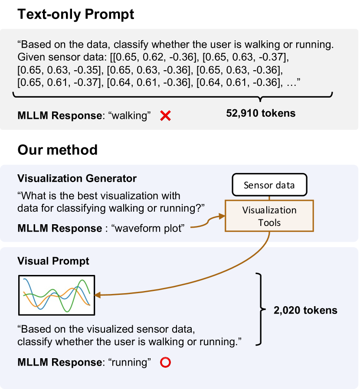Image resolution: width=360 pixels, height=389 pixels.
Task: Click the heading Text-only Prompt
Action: pyautogui.click(x=75, y=14)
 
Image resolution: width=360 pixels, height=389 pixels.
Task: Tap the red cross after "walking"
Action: pyautogui.click(x=165, y=115)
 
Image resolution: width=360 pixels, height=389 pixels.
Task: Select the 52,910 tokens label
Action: pyautogui.click(x=260, y=114)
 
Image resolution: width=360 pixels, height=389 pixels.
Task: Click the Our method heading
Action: pyautogui.click(x=57, y=150)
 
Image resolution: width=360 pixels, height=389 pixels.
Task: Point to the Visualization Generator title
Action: pyautogui.click(x=77, y=178)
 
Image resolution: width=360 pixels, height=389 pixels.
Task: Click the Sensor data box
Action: pyautogui.click(x=269, y=185)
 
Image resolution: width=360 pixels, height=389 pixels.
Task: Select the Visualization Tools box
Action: pyautogui.click(x=269, y=216)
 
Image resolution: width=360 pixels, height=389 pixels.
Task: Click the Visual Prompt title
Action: pyautogui.click(x=53, y=261)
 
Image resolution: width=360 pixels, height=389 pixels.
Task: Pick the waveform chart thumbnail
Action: pyautogui.click(x=56, y=295)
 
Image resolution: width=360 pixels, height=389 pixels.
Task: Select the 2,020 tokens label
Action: pyautogui.click(x=305, y=310)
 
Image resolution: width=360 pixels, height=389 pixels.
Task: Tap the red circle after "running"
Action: pyautogui.click(x=165, y=362)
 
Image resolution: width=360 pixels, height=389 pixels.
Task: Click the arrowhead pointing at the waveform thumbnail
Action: pyautogui.click(x=97, y=295)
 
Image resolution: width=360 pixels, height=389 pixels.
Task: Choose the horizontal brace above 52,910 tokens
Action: pyautogui.click(x=173, y=95)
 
